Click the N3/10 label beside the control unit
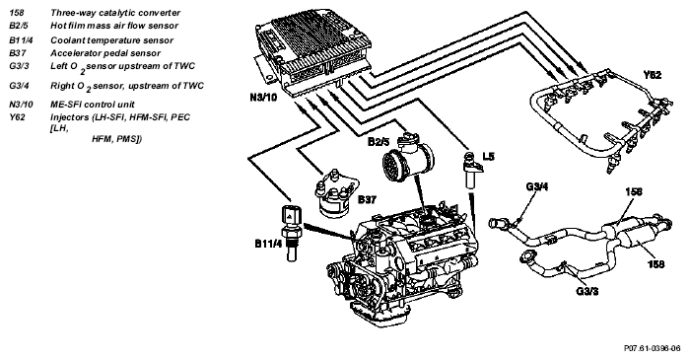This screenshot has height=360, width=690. [263, 97]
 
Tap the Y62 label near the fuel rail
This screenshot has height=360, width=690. [653, 75]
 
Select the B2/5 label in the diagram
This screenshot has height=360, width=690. [379, 142]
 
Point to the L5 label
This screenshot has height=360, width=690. [489, 156]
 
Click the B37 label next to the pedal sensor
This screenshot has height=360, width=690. [367, 200]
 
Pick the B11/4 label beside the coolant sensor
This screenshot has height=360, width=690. [268, 244]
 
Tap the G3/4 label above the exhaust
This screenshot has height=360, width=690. [537, 186]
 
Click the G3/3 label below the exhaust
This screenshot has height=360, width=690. [587, 291]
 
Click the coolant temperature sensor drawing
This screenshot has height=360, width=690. [292, 233]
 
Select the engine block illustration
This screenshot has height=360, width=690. [402, 265]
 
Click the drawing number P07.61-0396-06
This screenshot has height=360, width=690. [653, 348]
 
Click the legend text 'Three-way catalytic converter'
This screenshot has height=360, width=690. [115, 13]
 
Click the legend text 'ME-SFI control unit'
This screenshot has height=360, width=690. [93, 105]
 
